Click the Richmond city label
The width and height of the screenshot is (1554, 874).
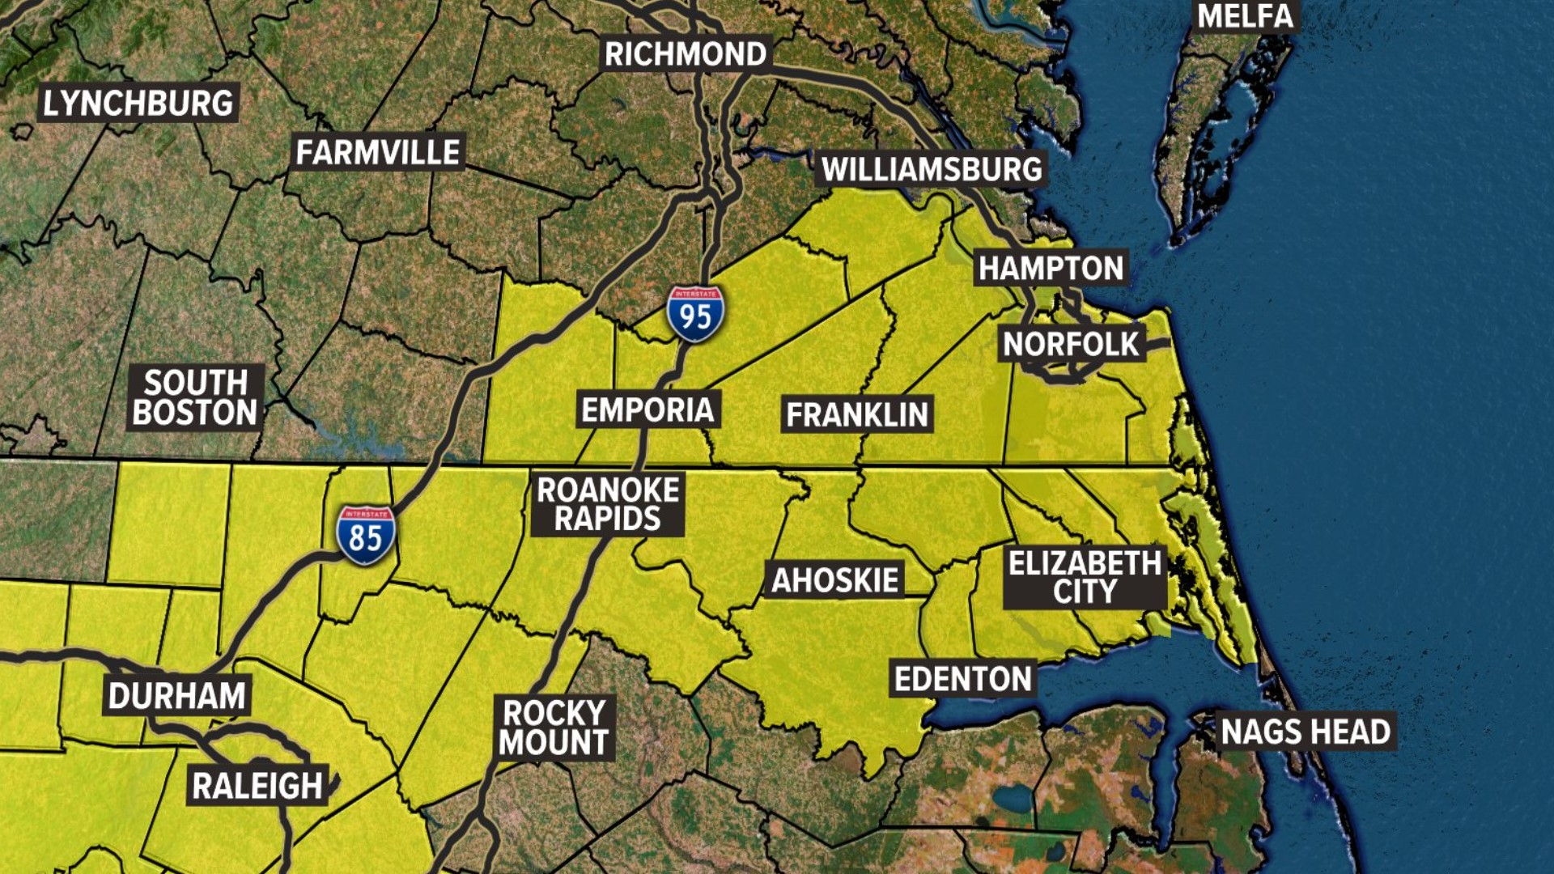click(x=686, y=54)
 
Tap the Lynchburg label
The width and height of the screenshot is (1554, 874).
click(x=138, y=103)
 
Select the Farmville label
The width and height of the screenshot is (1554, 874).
click(x=378, y=152)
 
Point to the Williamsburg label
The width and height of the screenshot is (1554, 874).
click(x=932, y=169)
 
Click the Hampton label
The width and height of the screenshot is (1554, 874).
click(x=1051, y=268)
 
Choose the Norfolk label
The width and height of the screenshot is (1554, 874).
click(x=1070, y=344)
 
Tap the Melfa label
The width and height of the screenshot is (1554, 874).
click(x=1245, y=16)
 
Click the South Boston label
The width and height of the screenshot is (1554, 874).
click(x=195, y=397)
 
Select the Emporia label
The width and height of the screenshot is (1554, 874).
click(x=647, y=409)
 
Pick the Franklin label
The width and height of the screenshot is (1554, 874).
click(x=857, y=414)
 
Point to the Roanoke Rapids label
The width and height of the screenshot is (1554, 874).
click(x=608, y=504)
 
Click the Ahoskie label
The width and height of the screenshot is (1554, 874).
click(x=834, y=579)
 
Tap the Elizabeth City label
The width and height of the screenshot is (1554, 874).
click(x=1085, y=577)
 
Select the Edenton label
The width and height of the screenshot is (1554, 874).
click(x=962, y=679)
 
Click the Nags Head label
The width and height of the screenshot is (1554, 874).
click(x=1306, y=732)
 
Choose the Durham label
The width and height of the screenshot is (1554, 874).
click(x=176, y=696)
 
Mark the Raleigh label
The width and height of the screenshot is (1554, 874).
click(x=257, y=785)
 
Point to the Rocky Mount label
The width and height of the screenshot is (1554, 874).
click(x=554, y=728)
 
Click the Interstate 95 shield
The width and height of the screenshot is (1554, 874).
click(x=695, y=314)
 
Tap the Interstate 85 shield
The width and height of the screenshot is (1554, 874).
click(x=366, y=535)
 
